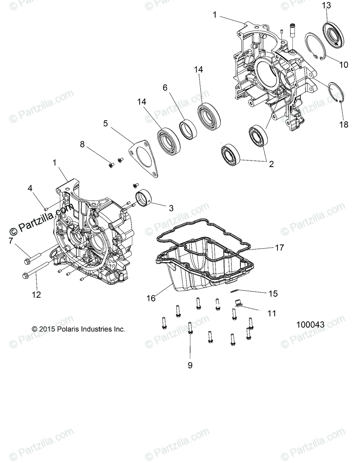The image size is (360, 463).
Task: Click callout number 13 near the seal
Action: [326, 5]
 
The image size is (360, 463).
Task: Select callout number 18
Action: [343, 124]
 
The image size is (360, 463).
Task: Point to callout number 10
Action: [343, 64]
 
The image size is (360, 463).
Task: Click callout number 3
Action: [171, 208]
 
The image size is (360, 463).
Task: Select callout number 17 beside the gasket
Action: [279, 248]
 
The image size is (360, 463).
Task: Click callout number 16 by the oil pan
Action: [151, 298]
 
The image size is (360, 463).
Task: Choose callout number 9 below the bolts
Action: [190, 365]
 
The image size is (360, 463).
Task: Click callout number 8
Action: [82, 144]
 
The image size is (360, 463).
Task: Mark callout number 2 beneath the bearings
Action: [271, 164]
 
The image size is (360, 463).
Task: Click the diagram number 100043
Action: [310, 325]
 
